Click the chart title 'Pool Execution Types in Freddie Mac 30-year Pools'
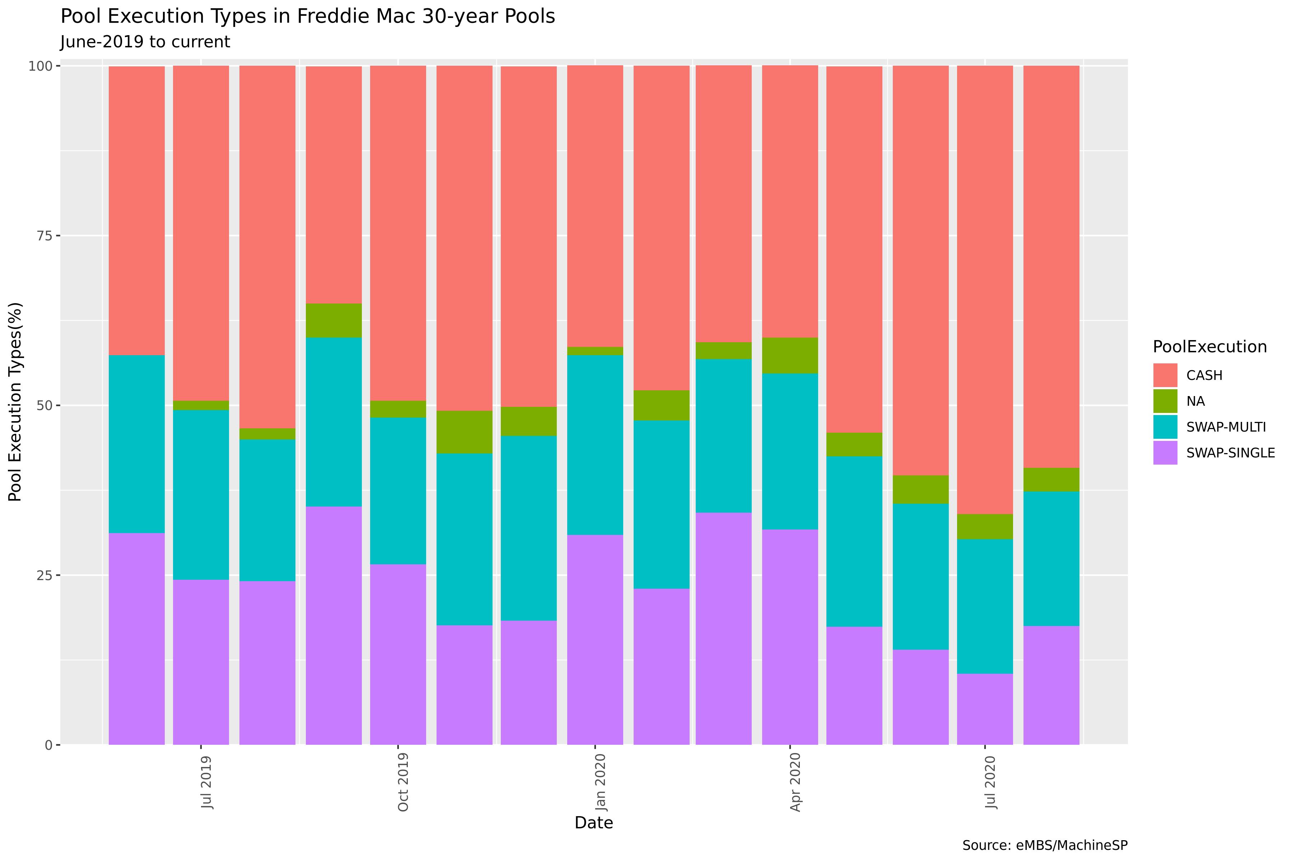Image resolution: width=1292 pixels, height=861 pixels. [308, 17]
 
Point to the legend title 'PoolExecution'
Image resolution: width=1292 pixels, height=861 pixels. [1209, 347]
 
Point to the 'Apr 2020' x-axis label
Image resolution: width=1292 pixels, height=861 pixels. [796, 782]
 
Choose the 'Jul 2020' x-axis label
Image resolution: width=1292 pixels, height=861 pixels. [990, 782]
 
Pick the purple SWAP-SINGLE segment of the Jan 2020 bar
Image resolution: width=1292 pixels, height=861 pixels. [595, 640]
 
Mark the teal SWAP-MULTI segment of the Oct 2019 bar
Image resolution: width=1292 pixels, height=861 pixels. [398, 491]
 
